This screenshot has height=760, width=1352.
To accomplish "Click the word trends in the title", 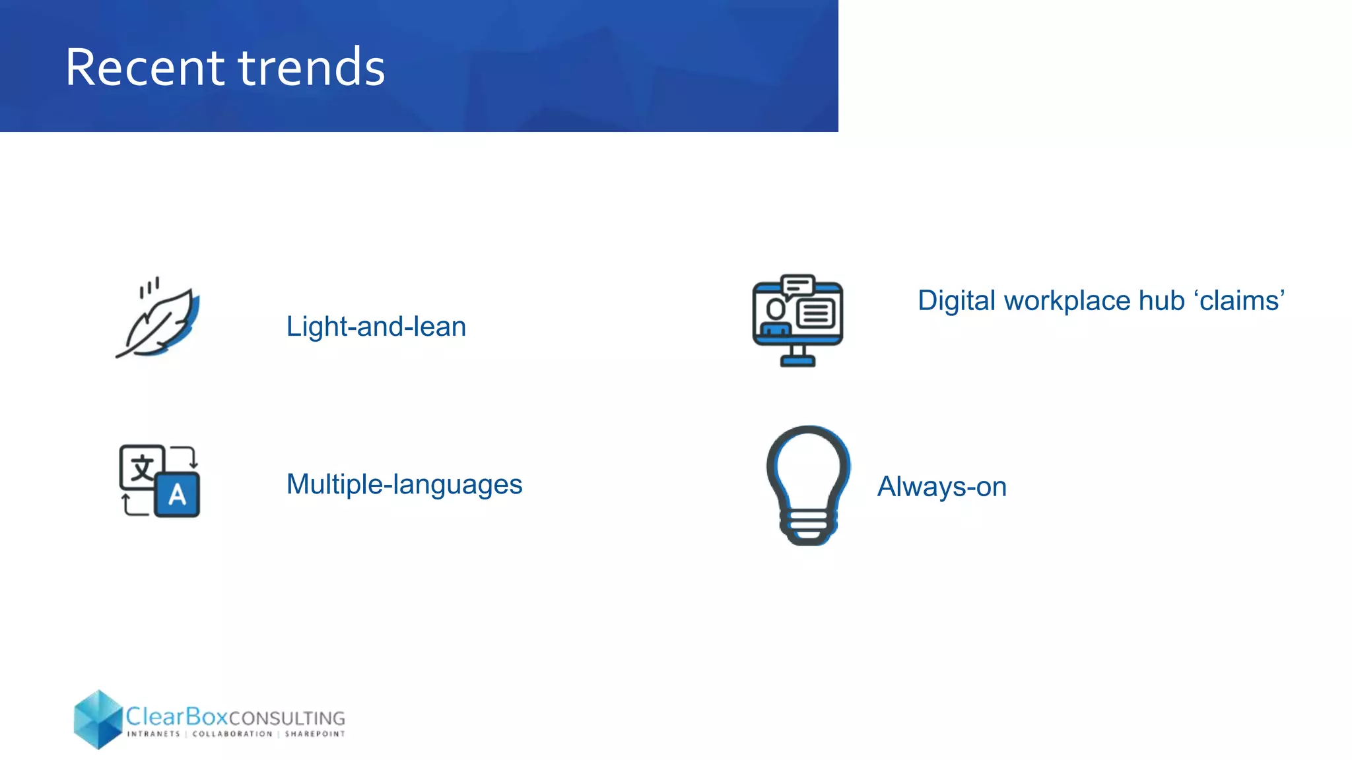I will click(311, 67).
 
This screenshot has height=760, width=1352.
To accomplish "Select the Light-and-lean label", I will click(376, 327).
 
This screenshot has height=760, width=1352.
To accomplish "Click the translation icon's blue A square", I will click(177, 495).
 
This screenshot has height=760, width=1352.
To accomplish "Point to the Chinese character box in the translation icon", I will click(141, 467).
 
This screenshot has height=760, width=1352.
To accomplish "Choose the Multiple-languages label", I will click(404, 484).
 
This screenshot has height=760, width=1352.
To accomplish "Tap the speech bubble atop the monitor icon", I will click(797, 286).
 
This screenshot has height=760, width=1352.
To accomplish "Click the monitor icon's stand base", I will click(797, 361).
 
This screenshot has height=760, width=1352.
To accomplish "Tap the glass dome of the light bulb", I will click(808, 465).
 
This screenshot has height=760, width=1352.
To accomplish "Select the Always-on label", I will click(941, 487).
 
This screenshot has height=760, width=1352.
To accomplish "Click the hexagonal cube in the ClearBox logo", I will click(98, 719).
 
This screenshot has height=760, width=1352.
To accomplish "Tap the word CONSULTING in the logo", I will click(287, 718).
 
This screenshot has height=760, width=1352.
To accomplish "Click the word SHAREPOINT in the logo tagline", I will click(315, 734).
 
